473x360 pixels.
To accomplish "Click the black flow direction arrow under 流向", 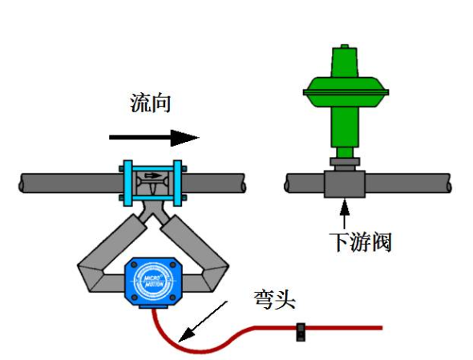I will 153,137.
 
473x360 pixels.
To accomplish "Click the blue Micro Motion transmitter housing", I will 152,280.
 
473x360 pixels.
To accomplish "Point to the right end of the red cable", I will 377,327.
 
